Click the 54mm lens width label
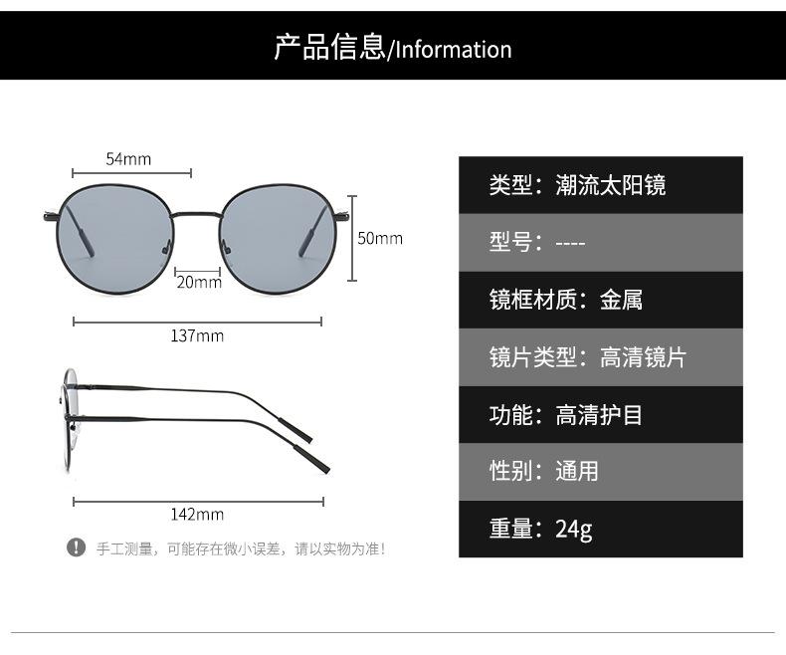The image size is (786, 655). click(128, 159)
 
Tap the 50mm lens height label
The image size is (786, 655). click(380, 238)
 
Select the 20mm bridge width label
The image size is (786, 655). click(199, 282)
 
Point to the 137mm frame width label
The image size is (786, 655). click(197, 335)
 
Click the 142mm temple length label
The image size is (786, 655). click(197, 514)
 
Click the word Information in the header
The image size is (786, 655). click(454, 50)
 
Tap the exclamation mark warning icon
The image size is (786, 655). click(76, 547)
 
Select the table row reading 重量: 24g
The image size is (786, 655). click(601, 529)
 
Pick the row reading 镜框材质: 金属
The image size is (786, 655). click(601, 300)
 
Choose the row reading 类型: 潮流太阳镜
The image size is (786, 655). click(601, 185)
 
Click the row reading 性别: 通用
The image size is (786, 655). click(601, 472)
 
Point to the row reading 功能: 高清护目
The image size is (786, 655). click(601, 415)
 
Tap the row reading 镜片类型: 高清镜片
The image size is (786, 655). click(601, 357)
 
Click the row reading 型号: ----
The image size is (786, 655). click(601, 243)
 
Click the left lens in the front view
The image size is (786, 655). click(116, 239)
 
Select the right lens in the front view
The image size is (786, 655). click(279, 239)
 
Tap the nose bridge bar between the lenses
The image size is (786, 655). click(198, 214)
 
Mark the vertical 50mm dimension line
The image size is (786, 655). click(352, 238)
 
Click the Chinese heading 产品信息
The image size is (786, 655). click(330, 48)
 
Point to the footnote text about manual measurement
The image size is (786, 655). click(242, 548)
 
